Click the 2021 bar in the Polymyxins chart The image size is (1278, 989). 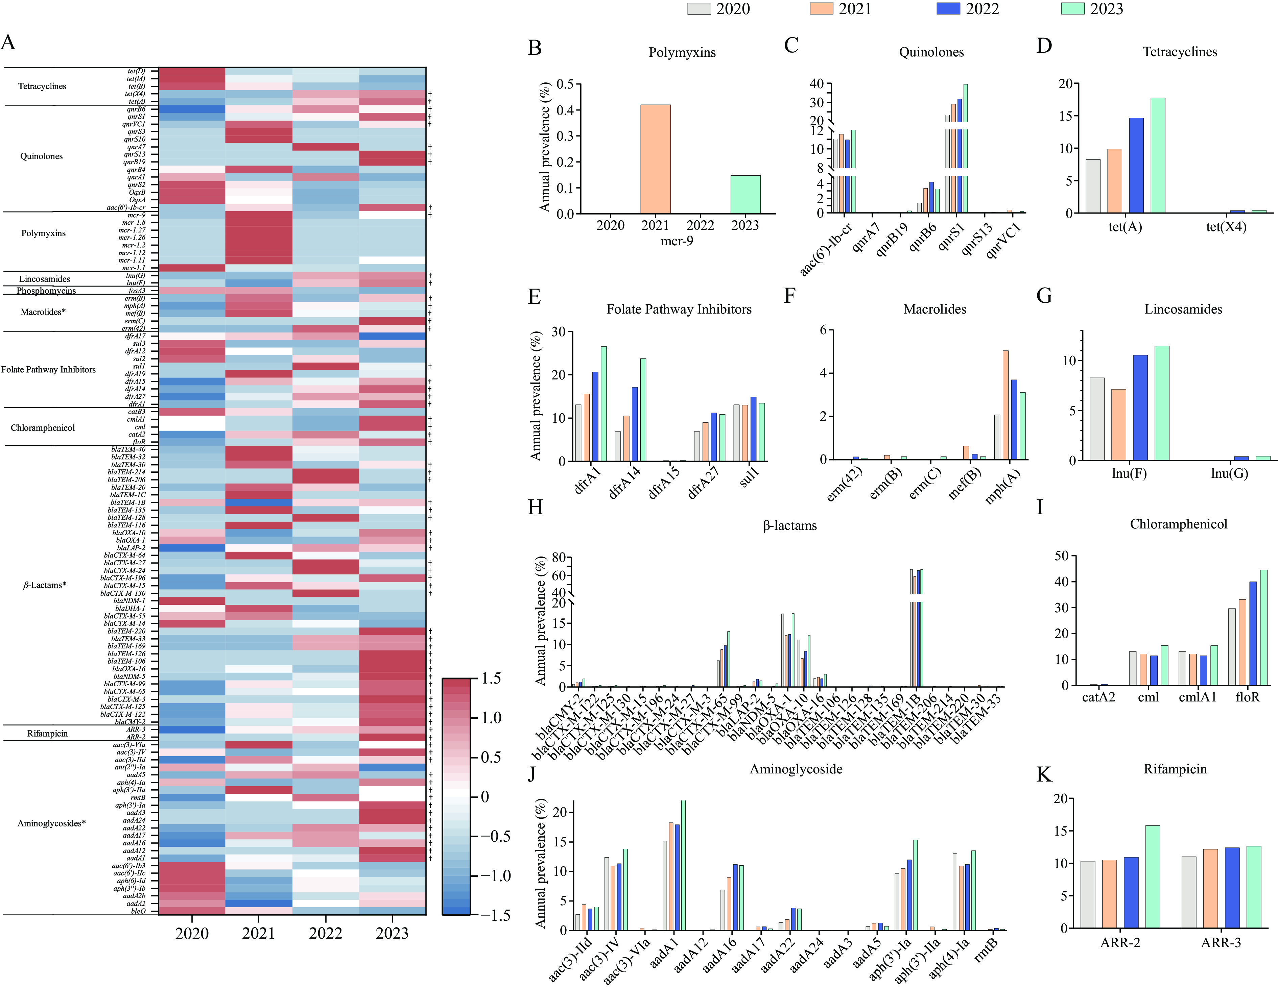point(655,159)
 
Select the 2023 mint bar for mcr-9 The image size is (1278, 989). point(745,195)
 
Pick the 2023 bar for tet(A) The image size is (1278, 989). point(1157,155)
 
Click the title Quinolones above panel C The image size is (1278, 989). point(931,52)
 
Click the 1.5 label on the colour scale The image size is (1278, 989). point(490,678)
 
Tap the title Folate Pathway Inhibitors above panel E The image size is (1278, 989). point(679,310)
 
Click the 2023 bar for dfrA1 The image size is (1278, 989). point(603,403)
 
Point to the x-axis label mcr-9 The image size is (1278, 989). point(677,241)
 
